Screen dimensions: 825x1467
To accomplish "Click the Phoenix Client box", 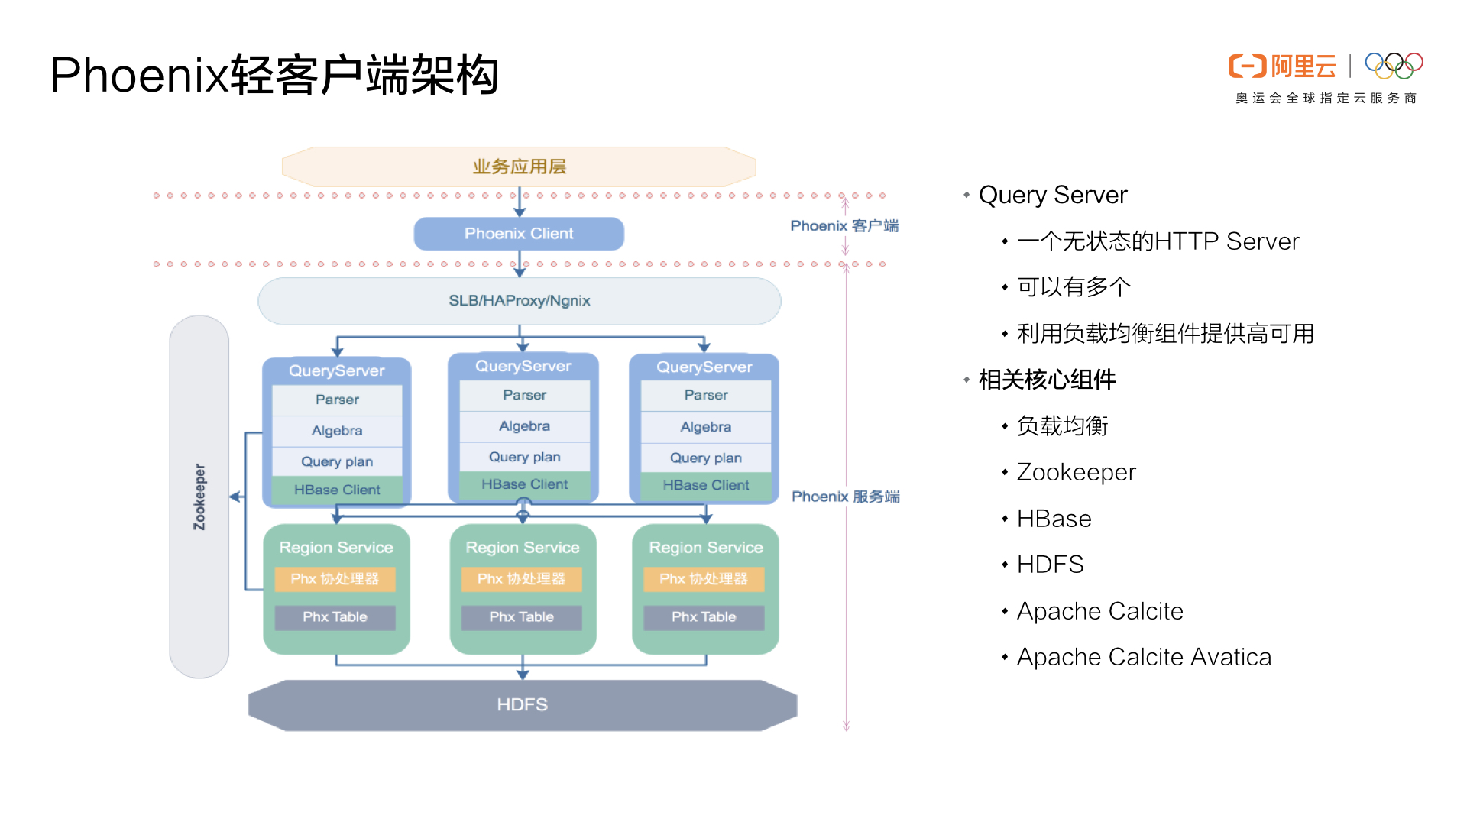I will coord(519,234).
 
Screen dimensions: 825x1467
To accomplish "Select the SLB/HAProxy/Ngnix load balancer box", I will coord(519,301).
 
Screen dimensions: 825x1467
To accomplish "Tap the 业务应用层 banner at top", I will coord(519,167).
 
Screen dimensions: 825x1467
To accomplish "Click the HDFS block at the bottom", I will coord(523,704).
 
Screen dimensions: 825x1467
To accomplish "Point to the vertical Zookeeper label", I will coord(199,497).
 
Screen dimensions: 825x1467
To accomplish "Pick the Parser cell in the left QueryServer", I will coord(337,400).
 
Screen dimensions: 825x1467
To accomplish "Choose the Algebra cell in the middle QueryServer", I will coord(524,426).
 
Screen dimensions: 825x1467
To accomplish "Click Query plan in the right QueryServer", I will coord(705,458).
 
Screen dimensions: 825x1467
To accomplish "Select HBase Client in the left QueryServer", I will coord(337,490).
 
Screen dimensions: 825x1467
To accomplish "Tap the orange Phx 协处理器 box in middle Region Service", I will coord(521,579).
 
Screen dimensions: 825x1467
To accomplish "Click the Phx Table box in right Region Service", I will coord(704,617).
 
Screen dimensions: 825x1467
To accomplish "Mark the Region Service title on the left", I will coord(336,548).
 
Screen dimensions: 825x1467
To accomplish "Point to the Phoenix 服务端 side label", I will coord(845,497).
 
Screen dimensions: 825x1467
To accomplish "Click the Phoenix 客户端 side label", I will coord(844,226).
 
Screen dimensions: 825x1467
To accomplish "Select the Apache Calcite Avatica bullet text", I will coord(1144,657).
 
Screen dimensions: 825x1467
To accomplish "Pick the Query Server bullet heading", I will coord(1053,196).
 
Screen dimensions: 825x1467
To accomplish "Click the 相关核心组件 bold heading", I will coord(1047,380).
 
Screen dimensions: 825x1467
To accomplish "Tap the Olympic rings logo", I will coord(1394,66).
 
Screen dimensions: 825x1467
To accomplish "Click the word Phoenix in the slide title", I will coord(140,76).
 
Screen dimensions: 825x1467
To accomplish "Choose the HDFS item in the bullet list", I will coord(1050,565).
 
